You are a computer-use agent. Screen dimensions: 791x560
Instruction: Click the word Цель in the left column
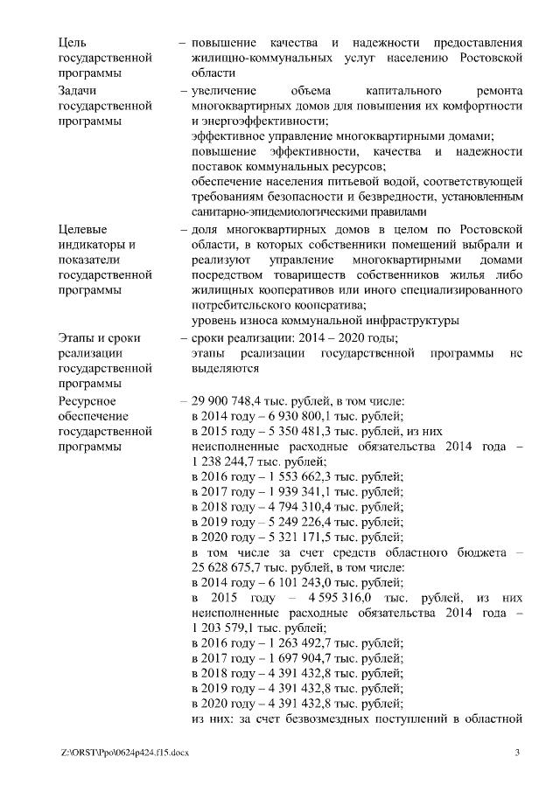point(72,42)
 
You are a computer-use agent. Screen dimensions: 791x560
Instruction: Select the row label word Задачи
point(76,90)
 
